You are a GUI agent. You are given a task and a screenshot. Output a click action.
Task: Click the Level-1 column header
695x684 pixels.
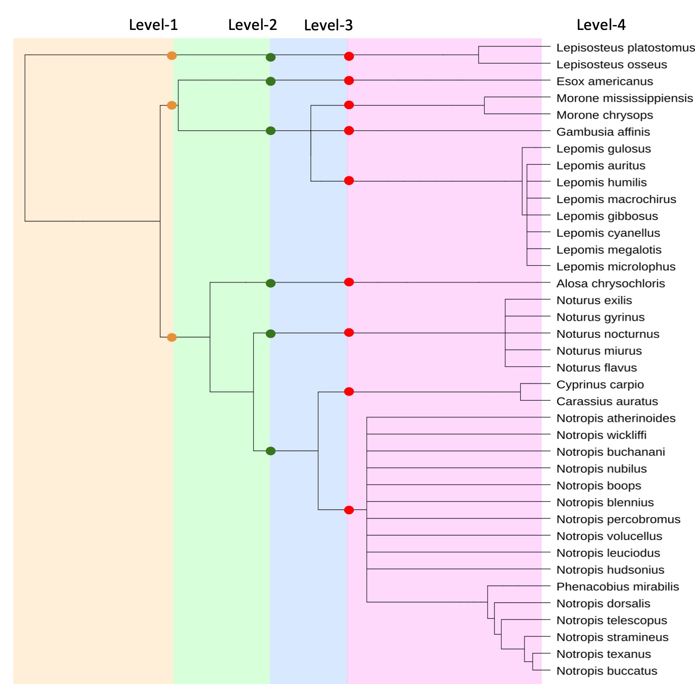click(x=153, y=25)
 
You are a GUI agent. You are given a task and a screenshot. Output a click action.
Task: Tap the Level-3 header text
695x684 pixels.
click(x=328, y=25)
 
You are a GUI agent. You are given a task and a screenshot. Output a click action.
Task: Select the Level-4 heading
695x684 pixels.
click(x=601, y=25)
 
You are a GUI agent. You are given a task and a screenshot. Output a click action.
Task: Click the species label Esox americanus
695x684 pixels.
click(x=604, y=81)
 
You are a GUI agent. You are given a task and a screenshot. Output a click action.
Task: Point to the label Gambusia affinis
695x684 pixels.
click(x=603, y=132)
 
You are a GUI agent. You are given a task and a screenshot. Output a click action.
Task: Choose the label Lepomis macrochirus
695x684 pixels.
click(x=616, y=199)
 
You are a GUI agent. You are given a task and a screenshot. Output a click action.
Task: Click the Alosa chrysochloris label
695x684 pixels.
click(x=610, y=283)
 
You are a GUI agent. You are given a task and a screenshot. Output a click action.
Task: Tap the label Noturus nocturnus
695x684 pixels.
click(x=608, y=334)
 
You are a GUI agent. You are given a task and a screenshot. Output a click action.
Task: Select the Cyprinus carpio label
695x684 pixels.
click(x=600, y=384)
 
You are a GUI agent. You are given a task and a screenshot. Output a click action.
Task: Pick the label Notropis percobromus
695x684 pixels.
click(x=618, y=519)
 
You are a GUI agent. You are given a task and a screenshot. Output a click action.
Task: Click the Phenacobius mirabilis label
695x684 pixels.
click(x=618, y=586)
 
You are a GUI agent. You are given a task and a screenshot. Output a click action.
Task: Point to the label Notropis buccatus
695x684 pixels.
click(x=606, y=671)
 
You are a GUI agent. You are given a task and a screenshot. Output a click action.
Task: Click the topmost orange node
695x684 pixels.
click(x=172, y=55)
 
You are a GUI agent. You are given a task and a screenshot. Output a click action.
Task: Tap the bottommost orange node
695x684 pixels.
click(x=172, y=337)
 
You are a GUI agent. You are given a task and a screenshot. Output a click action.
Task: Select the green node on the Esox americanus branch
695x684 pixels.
click(x=271, y=81)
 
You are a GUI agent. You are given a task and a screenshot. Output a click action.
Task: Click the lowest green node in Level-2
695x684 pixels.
click(x=271, y=451)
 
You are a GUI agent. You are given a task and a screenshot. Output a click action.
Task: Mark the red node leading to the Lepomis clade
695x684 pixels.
click(x=349, y=180)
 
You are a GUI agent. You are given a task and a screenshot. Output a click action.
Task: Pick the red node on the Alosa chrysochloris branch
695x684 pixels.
click(x=349, y=282)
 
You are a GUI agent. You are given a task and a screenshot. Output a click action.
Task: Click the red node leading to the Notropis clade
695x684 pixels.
click(x=349, y=510)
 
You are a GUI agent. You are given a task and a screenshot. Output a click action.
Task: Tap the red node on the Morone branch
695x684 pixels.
click(x=349, y=105)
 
